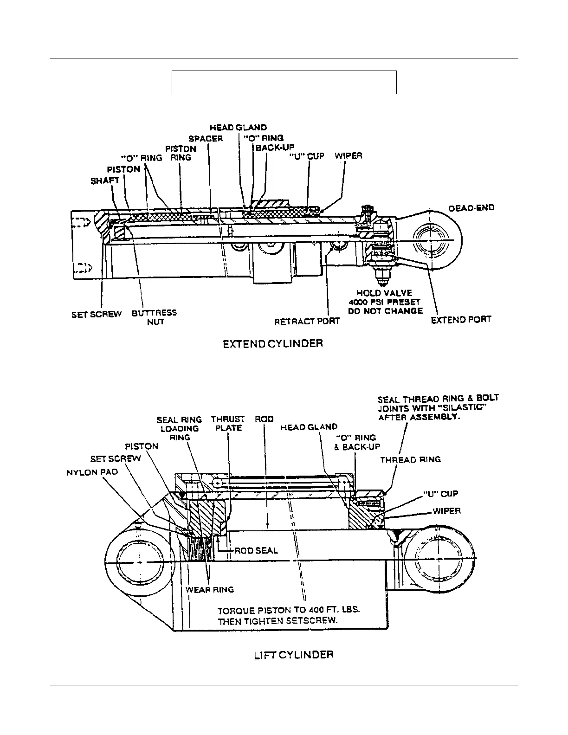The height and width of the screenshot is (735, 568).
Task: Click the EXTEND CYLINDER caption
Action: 273,344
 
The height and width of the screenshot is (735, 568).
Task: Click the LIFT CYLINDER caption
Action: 293,655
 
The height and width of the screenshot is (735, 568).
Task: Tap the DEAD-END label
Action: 471,208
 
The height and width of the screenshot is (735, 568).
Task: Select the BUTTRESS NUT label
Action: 155,317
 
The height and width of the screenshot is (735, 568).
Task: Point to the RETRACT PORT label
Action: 307,321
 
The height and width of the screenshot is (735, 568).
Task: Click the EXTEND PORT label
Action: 461,320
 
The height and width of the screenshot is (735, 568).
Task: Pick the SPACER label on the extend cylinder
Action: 206,139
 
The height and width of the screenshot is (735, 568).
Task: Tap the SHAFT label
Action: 105,181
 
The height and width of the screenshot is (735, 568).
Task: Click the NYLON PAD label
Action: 92,472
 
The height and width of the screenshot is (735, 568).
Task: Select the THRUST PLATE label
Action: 228,424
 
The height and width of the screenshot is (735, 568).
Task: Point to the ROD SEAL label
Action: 256,551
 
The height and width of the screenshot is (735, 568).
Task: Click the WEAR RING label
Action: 210,590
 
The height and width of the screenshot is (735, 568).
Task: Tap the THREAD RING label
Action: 410,460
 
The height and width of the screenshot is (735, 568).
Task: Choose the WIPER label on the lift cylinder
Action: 446,511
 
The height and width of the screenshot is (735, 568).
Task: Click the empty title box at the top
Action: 284,83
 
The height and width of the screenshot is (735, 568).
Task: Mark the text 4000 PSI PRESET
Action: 384,302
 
